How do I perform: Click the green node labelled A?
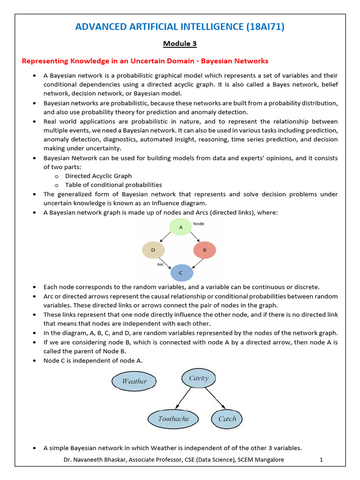coord(180,227)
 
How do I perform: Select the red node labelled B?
coord(204,250)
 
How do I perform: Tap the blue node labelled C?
coord(181,273)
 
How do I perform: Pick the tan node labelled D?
coord(153,250)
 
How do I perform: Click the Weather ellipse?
coord(135,381)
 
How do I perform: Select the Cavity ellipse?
coord(199,378)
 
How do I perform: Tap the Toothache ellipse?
coord(174,419)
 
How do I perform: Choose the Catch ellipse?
coord(227,419)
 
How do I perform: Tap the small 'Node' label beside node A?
coord(199,224)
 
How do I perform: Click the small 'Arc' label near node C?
coord(160,264)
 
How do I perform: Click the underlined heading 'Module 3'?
coord(180,44)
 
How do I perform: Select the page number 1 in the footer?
coord(322,460)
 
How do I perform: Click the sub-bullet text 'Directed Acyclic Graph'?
coord(98,176)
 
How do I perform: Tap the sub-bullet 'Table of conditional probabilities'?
coord(113,185)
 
